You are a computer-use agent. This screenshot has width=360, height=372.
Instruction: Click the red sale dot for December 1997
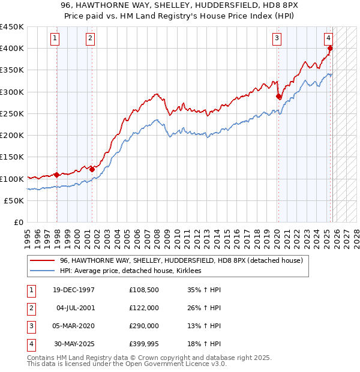tap(56, 175)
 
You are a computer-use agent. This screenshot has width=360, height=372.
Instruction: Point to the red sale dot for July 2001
tap(92, 169)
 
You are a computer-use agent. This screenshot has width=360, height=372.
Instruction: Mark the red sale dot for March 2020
tap(278, 96)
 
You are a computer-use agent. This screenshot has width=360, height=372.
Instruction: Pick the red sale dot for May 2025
tap(331, 48)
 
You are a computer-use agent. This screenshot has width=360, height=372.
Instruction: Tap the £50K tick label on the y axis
tap(14, 200)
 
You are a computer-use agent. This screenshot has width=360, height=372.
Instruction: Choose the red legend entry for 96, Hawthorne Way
tap(181, 260)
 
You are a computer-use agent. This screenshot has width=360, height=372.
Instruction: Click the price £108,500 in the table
tap(143, 290)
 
